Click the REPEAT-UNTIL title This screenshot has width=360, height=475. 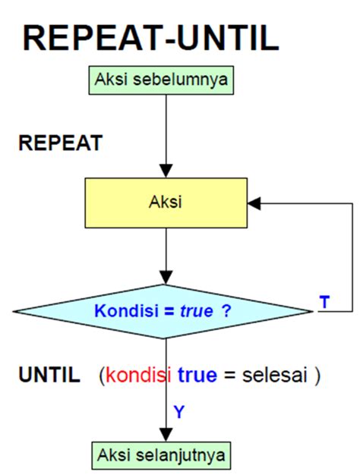coord(150,38)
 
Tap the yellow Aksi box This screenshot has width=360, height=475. coord(165,203)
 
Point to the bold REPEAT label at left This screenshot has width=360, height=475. coord(60,144)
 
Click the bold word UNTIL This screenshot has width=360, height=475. coord(49,375)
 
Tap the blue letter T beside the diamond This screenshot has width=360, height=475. coord(324,302)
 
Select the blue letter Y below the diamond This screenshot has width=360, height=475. coord(179,412)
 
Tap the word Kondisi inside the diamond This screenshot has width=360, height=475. coord(126,311)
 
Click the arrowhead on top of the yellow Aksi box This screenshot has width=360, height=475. coord(165,171)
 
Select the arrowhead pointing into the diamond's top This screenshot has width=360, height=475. coord(165,278)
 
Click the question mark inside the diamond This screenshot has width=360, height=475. coord(226,311)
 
